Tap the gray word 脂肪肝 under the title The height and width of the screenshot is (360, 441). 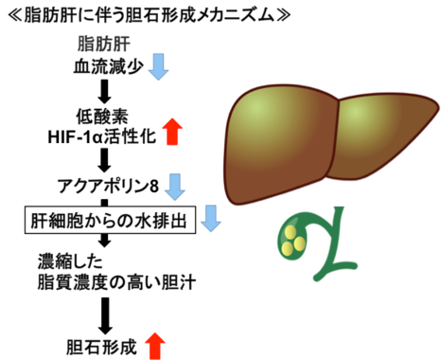click(107, 45)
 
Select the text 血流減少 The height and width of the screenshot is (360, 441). click(107, 66)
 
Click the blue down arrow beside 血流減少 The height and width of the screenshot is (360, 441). click(158, 66)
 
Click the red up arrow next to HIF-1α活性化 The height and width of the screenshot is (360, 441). click(171, 134)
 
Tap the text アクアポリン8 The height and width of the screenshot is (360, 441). click(111, 183)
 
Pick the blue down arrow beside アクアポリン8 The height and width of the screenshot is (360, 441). click(175, 183)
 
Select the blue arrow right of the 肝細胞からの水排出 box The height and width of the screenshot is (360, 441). click(212, 220)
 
